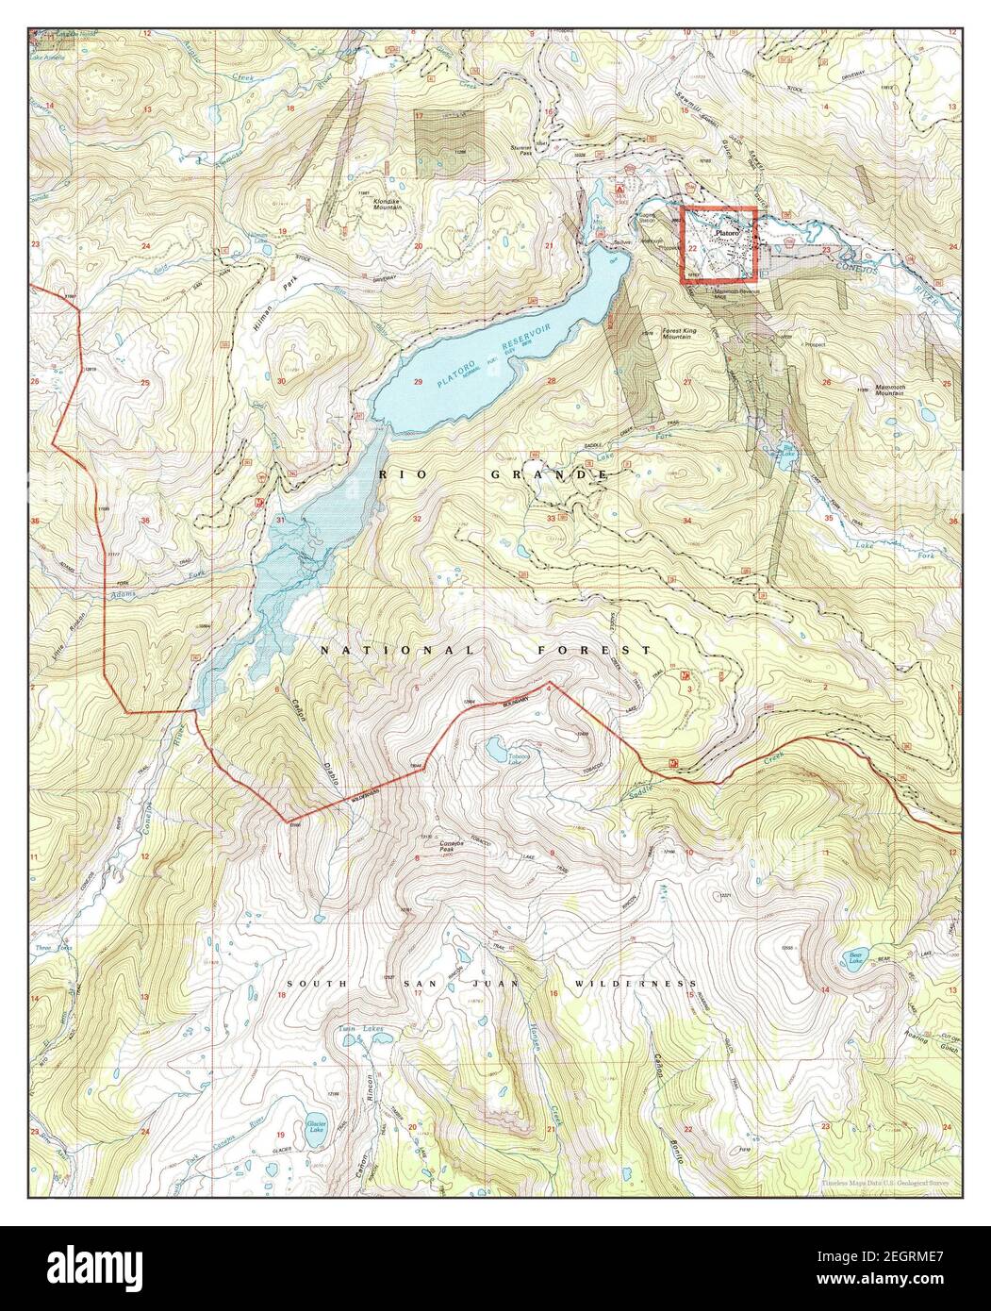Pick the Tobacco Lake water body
494,750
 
